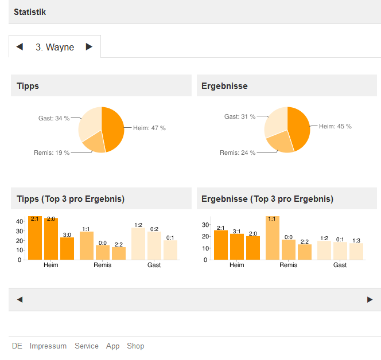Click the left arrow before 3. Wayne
coord(20,47)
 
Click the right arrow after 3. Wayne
coord(89,47)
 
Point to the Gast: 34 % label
coord(54,119)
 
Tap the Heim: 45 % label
coord(335,127)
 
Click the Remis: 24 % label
coord(238,153)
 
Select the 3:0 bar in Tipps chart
coord(67,249)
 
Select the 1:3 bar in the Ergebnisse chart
coord(356,251)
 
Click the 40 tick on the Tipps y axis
coord(19,221)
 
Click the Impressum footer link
coord(48,346)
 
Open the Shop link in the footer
coord(135,346)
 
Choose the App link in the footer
coord(113,346)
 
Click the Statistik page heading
coord(30,12)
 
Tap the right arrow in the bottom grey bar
coord(370,299)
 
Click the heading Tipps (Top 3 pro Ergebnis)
coord(71,199)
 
